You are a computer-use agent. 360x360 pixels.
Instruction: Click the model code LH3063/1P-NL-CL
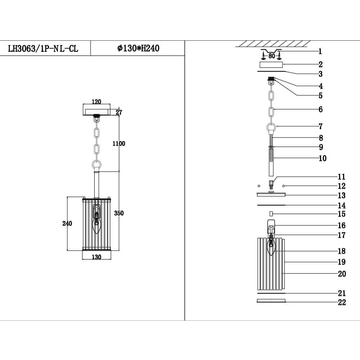43,49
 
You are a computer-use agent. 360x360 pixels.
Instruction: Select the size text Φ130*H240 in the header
138,48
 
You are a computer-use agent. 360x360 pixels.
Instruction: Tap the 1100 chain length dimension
118,144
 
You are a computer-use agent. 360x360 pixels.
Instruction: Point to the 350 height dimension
119,213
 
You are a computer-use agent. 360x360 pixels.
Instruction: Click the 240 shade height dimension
67,223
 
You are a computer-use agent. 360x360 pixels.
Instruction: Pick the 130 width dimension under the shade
96,257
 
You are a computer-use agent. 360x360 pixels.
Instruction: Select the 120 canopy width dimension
96,102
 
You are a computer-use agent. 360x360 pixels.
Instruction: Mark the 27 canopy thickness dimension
119,112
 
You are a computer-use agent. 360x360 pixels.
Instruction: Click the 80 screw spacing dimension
271,56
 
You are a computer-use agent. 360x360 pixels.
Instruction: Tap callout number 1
320,51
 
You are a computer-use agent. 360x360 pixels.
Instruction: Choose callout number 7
320,126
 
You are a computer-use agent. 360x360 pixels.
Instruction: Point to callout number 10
322,158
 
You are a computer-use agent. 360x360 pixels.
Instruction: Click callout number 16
341,225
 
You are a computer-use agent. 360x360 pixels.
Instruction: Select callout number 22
341,302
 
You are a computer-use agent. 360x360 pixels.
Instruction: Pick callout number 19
341,262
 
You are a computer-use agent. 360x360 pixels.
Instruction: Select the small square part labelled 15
271,214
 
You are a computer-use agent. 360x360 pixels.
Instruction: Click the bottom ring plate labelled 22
271,301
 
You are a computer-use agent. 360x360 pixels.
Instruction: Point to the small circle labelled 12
284,186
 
